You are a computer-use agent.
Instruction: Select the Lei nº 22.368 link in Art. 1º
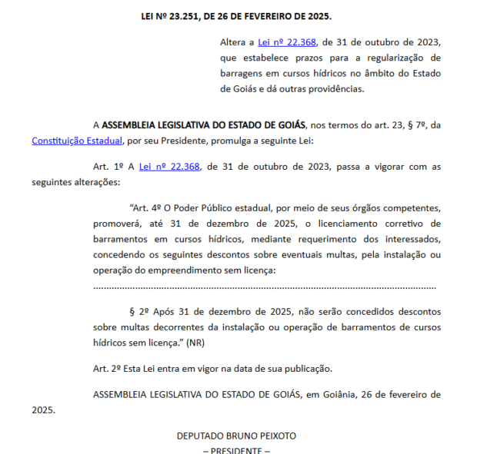click(168, 166)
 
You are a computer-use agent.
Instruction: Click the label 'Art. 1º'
click(109, 166)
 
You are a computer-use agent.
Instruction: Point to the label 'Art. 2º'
click(109, 368)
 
